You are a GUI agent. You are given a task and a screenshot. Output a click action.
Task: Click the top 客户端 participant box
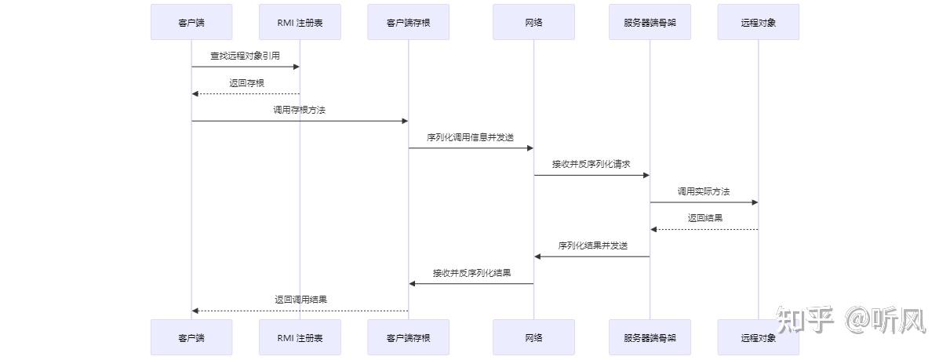click(x=191, y=22)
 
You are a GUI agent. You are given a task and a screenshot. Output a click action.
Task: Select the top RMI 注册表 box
click(x=300, y=22)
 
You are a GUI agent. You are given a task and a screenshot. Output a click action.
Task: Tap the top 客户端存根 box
click(x=408, y=22)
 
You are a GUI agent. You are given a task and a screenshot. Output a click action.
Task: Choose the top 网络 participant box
click(x=533, y=22)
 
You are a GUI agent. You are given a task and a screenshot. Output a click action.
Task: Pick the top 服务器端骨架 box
click(x=650, y=22)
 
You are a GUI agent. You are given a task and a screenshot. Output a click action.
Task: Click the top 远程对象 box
click(x=758, y=22)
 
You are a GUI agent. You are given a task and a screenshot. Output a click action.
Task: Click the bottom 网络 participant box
click(x=533, y=337)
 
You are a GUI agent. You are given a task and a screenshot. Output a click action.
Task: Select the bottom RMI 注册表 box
click(x=300, y=337)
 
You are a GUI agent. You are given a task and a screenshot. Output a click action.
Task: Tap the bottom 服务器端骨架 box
click(x=650, y=337)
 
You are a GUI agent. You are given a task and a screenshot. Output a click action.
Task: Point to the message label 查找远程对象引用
click(x=245, y=56)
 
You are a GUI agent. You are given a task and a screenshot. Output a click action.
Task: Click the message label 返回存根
click(x=246, y=82)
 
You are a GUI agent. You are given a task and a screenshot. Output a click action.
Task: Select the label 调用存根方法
click(x=299, y=110)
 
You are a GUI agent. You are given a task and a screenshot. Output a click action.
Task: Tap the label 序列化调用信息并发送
click(x=470, y=137)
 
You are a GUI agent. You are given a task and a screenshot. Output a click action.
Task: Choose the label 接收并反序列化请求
click(x=591, y=164)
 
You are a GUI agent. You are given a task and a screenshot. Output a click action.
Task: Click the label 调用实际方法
click(x=704, y=191)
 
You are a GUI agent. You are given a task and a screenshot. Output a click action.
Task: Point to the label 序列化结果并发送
click(x=592, y=245)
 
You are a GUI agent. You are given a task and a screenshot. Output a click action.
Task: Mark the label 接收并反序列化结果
click(x=471, y=273)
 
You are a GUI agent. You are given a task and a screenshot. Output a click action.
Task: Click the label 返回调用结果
click(x=300, y=300)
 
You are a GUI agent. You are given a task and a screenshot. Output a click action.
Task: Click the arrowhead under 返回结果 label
click(x=654, y=229)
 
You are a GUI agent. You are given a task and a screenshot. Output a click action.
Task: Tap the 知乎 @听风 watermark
click(x=852, y=319)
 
